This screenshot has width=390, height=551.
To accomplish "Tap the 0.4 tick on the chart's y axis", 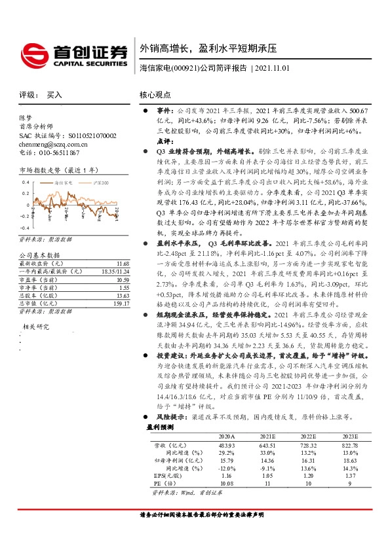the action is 26,183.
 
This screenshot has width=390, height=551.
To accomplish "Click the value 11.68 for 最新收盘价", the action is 113,262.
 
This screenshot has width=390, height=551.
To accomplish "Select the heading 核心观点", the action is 156,95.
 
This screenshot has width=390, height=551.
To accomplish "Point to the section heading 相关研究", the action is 37,326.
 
